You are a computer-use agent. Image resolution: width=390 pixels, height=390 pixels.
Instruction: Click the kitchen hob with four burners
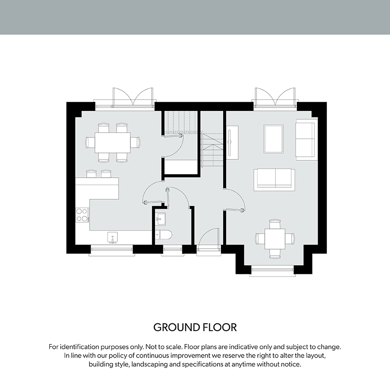coord(82,215)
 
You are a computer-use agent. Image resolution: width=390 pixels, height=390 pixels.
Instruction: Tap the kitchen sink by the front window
coord(112,237)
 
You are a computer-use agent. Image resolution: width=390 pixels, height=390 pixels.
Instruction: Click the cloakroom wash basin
coord(160,219)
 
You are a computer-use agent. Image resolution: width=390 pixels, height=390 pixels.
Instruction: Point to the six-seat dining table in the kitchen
coord(112,143)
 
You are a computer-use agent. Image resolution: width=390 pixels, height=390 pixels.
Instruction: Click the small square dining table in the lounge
coord(275,239)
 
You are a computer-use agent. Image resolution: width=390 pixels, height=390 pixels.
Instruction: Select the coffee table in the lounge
coord(273,139)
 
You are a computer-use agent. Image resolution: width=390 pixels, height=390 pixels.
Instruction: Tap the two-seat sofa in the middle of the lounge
coord(274,180)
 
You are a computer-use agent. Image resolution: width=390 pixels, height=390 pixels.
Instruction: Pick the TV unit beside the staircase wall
coord(232,141)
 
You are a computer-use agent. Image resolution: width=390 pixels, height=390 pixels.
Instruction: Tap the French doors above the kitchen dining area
coord(133,97)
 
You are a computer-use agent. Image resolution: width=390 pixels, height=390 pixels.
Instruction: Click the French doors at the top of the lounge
coord(275,97)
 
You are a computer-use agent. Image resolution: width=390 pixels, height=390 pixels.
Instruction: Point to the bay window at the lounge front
coord(273,270)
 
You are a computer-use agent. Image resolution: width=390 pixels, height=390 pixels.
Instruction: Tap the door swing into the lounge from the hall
coord(234,200)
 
